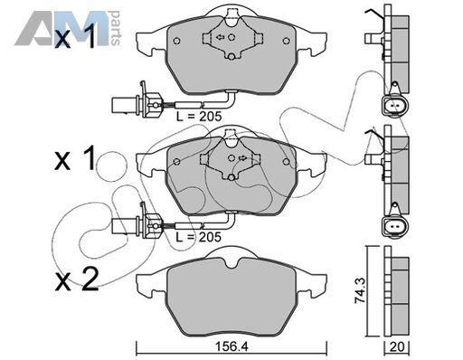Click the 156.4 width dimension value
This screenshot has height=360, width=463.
coord(231,347)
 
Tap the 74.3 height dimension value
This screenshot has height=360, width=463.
coord(360,291)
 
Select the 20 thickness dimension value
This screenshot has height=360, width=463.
coord(397,347)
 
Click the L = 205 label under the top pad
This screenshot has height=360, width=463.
coord(199,116)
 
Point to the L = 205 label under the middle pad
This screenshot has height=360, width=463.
coord(198,237)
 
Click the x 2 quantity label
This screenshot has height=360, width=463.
coord(77,279)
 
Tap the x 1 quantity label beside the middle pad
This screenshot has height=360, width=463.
coord(75,157)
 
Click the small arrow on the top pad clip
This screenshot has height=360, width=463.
coord(221,37)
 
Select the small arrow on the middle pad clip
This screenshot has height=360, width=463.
coord(242,157)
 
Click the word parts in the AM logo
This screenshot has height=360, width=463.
coord(115,28)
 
